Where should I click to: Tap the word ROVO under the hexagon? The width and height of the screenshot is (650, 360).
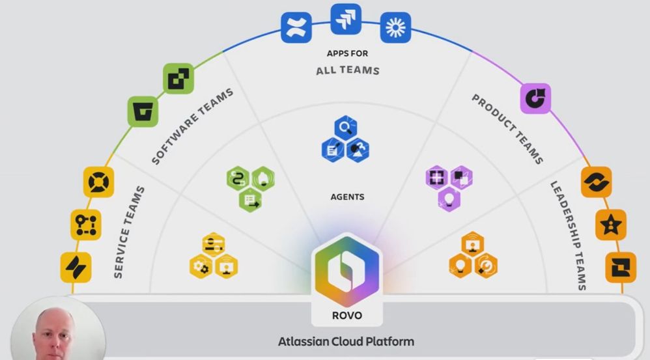point(346,316)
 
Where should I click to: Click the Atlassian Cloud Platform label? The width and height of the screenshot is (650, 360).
point(346,341)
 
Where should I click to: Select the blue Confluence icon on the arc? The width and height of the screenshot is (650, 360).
point(297,28)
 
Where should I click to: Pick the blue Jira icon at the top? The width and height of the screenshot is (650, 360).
point(346,19)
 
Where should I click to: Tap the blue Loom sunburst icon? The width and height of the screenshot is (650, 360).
point(395,27)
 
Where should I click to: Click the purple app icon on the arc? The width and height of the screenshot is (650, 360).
point(535,98)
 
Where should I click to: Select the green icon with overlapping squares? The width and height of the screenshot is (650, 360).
point(178,79)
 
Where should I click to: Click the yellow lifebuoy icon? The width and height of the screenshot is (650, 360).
point(99,182)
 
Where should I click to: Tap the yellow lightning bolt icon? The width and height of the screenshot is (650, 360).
point(76,268)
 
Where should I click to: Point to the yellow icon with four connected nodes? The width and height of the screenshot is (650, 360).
point(85,225)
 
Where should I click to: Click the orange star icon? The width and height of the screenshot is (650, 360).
point(610,225)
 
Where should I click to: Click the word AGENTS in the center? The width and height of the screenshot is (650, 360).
point(347,197)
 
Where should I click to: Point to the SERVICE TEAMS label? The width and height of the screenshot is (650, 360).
point(129,232)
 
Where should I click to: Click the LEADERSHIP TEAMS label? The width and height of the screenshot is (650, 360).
point(569,234)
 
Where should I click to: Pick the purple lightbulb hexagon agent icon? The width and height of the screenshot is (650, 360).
point(449,198)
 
